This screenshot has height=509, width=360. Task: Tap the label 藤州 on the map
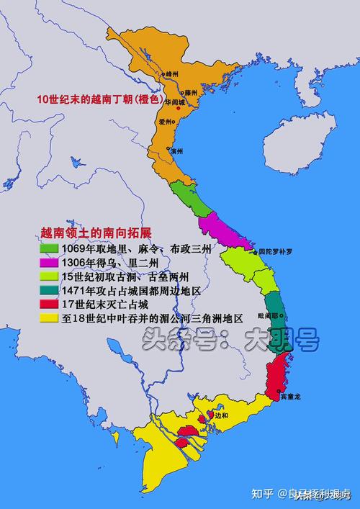click(190, 93)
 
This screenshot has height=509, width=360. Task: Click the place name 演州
click(176, 151)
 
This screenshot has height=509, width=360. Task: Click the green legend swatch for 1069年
click(48, 248)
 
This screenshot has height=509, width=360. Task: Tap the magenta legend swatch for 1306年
click(48, 262)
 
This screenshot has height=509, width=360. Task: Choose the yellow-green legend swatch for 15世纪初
click(48, 276)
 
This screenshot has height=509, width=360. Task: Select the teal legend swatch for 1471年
click(48, 289)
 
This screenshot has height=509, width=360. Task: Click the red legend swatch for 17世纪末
click(48, 303)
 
